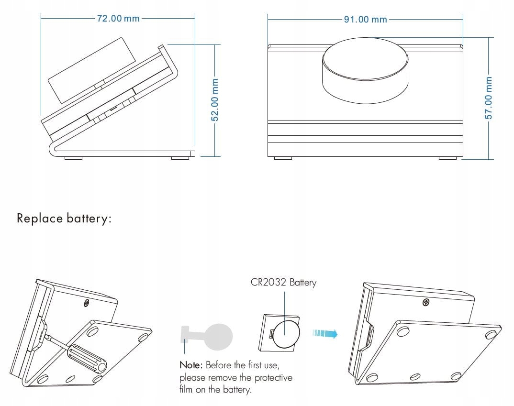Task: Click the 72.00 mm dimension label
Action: click(x=118, y=19)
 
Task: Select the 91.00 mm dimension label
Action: click(x=365, y=19)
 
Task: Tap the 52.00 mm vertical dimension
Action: click(x=215, y=100)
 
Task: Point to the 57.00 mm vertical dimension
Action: click(x=488, y=98)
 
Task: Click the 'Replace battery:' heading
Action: click(x=64, y=219)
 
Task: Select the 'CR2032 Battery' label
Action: click(x=283, y=282)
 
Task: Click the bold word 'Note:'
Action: click(x=191, y=365)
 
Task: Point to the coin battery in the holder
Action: click(x=286, y=333)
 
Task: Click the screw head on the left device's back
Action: click(x=86, y=302)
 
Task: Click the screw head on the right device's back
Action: click(x=426, y=302)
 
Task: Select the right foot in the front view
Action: click(x=447, y=158)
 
